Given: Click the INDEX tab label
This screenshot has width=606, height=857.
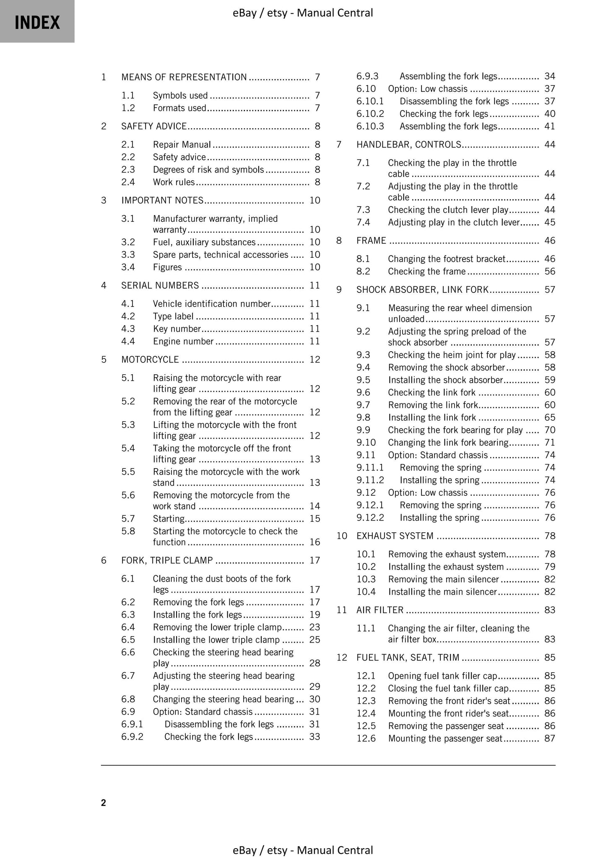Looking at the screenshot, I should (x=37, y=22).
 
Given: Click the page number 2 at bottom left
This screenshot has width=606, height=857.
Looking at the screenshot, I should (x=104, y=803).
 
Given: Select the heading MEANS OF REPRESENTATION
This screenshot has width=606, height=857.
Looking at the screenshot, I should (x=184, y=77).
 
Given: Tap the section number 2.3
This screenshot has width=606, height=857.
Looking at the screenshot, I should (x=128, y=170).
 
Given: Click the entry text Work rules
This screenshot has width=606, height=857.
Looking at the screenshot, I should (x=174, y=182).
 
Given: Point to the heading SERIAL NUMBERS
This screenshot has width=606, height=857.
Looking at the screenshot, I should (x=160, y=285).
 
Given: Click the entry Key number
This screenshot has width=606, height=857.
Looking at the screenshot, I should (x=177, y=329).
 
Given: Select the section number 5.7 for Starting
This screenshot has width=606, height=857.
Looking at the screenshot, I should (x=128, y=519).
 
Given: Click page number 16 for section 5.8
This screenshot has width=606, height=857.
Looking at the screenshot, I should (x=315, y=542).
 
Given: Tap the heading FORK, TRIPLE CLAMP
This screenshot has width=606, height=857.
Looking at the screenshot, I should (x=167, y=560).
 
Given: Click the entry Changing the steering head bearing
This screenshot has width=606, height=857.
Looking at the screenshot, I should (x=223, y=699).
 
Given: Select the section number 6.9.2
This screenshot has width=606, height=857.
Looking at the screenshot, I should (x=132, y=737).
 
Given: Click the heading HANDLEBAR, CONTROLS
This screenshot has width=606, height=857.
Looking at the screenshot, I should (x=408, y=145).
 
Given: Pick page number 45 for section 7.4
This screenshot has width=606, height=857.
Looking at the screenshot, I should (x=549, y=223).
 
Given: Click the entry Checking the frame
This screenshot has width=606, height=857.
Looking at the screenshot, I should (x=427, y=272).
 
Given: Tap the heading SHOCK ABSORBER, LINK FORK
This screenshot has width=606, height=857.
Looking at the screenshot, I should (x=422, y=290).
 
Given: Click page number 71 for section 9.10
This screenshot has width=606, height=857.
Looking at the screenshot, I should (x=549, y=443).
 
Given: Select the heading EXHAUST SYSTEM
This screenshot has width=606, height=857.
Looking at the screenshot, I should (x=395, y=536).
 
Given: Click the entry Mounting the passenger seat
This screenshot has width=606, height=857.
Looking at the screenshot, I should (x=445, y=738).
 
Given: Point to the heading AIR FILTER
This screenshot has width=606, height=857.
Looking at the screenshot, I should (x=380, y=610).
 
